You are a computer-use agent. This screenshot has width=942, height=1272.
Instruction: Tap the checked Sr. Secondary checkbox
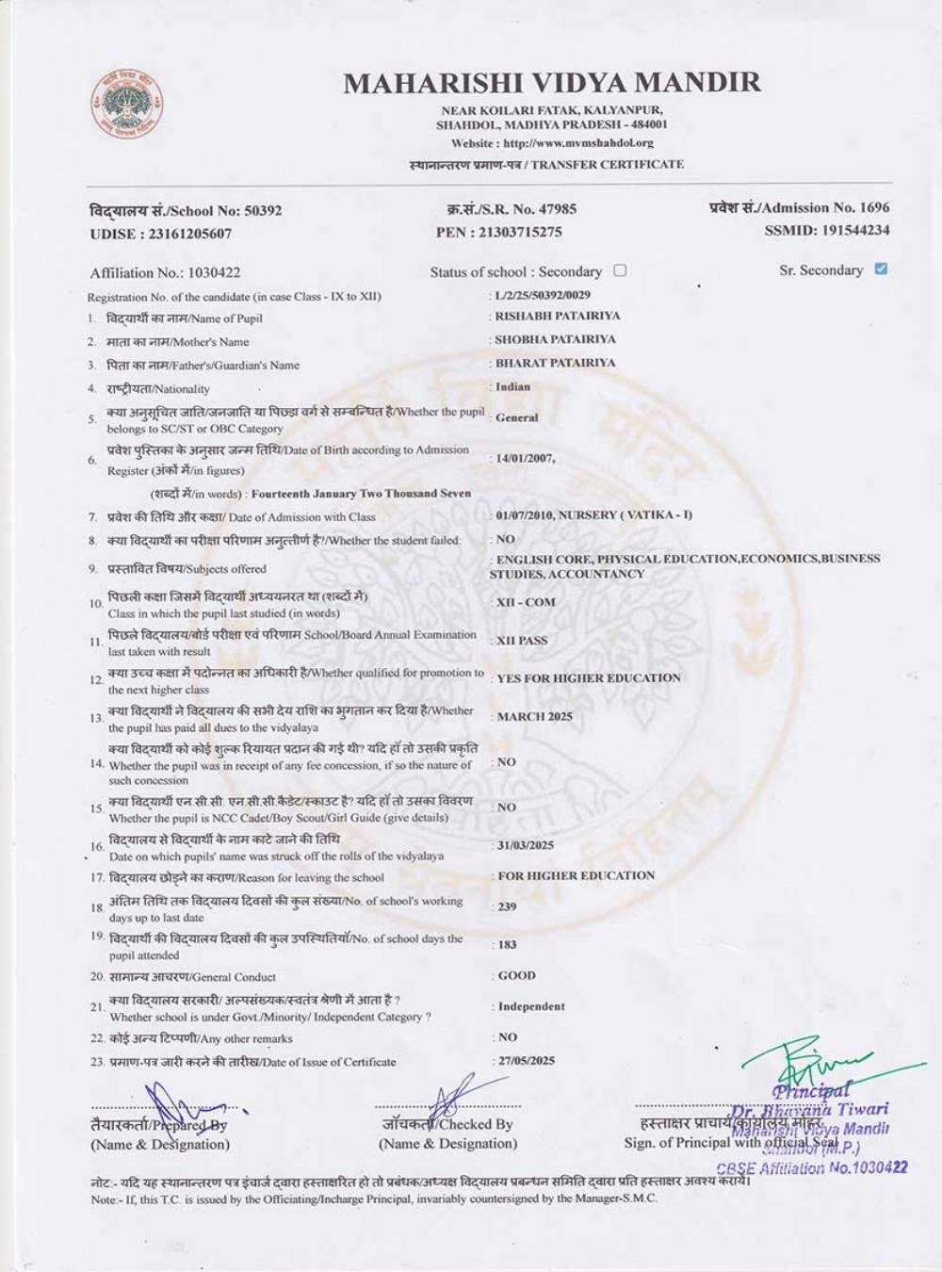click(x=881, y=269)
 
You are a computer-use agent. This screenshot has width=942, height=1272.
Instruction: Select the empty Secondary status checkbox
click(x=620, y=270)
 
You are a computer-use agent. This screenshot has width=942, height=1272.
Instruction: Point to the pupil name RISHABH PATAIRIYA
click(x=558, y=317)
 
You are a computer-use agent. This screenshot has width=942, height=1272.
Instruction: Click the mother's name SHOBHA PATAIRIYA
click(x=555, y=339)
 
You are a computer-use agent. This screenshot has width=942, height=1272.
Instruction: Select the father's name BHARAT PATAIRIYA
click(x=555, y=363)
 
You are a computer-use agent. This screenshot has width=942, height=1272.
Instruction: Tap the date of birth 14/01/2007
click(x=525, y=459)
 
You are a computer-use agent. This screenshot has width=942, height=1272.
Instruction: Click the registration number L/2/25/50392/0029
click(x=542, y=296)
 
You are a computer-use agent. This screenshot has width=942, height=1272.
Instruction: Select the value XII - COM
click(x=526, y=602)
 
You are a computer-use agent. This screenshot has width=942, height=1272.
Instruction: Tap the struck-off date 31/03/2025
click(x=525, y=845)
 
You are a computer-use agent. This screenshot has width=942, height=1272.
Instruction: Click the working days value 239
click(x=507, y=906)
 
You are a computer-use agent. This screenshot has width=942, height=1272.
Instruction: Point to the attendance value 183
click(x=507, y=944)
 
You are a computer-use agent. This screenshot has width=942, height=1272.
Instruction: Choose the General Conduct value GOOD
click(x=516, y=976)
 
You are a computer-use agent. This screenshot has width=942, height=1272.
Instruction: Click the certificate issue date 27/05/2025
click(x=526, y=1061)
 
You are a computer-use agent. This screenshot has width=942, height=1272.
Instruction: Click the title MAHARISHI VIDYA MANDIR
click(x=552, y=83)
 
